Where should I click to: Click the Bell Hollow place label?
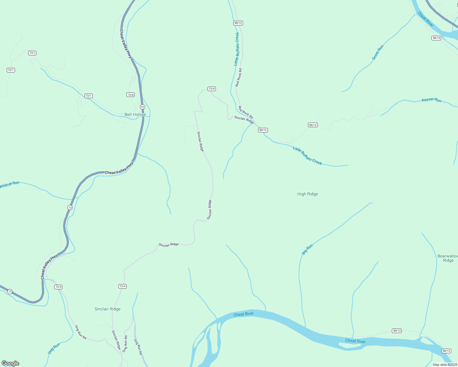[x=135, y=114]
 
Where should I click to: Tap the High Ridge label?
[x=307, y=194]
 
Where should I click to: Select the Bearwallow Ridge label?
[x=448, y=258]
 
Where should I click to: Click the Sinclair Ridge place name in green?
[x=107, y=309]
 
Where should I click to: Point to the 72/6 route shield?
[x=131, y=95]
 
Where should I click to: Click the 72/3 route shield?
[x=58, y=287]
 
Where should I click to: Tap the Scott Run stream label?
[x=377, y=52]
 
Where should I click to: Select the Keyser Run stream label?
[x=431, y=100]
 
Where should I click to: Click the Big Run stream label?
[x=307, y=250]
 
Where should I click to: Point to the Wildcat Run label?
[x=9, y=185]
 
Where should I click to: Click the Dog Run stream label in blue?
[x=54, y=349]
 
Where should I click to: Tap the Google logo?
[x=10, y=363]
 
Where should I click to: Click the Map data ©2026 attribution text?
[x=445, y=365]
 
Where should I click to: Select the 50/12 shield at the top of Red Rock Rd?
[x=238, y=23]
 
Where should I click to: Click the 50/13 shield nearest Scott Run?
[x=436, y=38]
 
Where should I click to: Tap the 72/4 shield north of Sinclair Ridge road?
[x=212, y=89]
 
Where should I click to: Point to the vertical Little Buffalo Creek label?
[x=236, y=49]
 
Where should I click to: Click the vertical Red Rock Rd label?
[x=238, y=77]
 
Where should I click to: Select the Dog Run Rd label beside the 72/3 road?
[x=81, y=332]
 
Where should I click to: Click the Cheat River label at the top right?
[x=426, y=19]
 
